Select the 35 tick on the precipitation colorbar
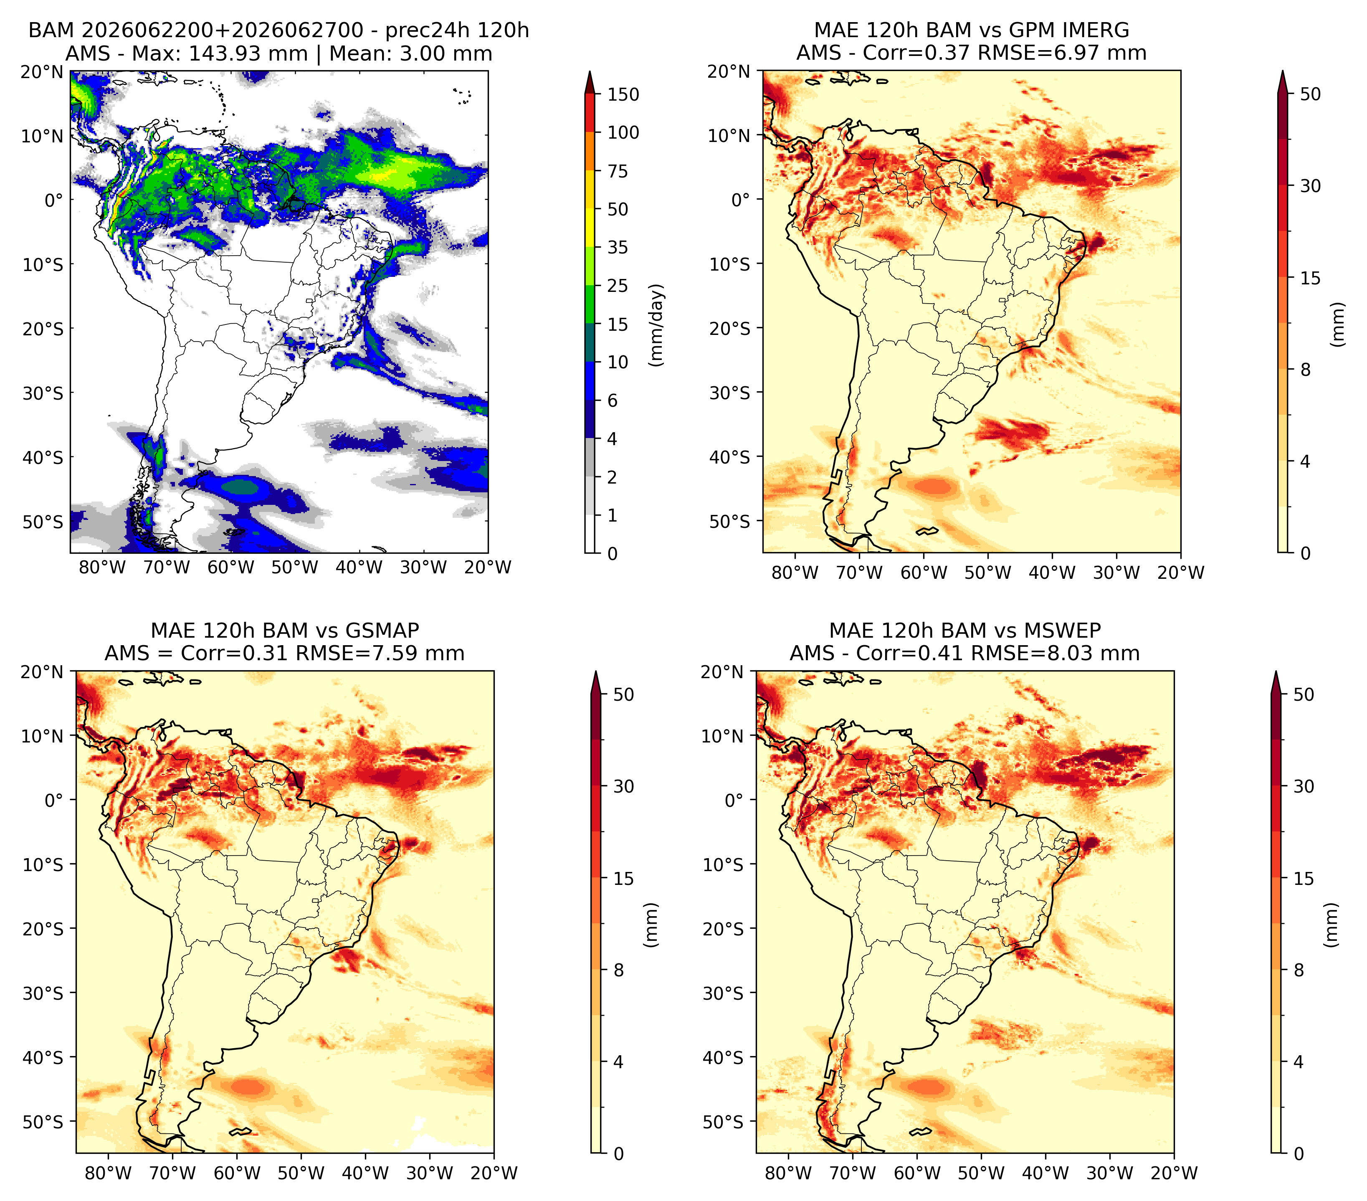[618, 247]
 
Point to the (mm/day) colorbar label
[658, 325]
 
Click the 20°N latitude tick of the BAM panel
[42, 71]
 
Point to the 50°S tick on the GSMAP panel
[43, 1121]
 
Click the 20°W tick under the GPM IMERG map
[1180, 573]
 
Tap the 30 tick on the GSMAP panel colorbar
[623, 786]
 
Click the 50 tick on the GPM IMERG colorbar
[1310, 94]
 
